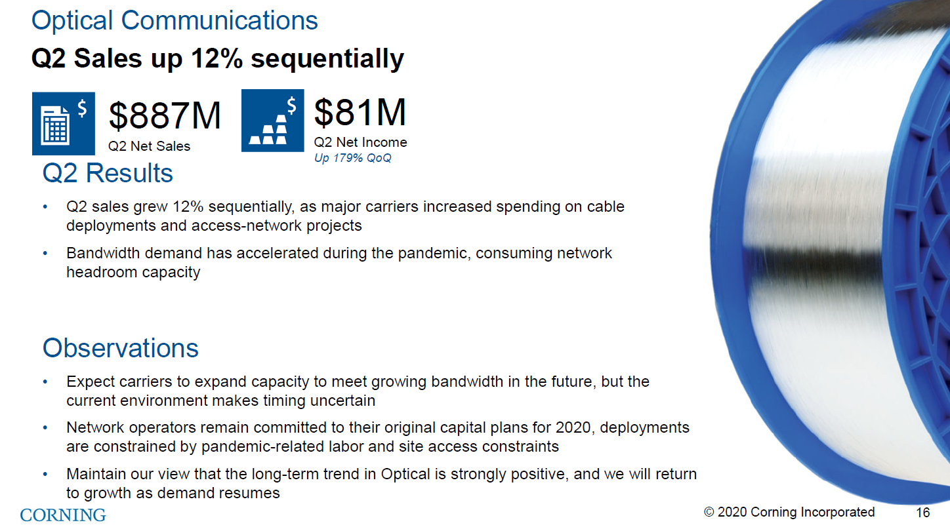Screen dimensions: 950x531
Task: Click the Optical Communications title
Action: click(x=175, y=20)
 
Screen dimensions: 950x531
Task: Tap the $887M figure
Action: click(x=165, y=115)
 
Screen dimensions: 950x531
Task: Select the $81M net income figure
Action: click(x=360, y=112)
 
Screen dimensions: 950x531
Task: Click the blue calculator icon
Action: click(x=64, y=123)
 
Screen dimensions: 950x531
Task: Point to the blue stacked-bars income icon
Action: click(x=273, y=121)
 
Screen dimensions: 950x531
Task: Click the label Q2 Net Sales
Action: click(x=150, y=146)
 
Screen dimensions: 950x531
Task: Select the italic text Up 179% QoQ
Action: click(x=352, y=158)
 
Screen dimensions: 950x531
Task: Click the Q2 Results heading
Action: click(x=108, y=173)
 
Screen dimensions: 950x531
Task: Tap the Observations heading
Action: click(x=121, y=348)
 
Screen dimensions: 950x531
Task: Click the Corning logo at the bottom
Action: click(x=63, y=515)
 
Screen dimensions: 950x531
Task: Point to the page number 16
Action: click(x=923, y=513)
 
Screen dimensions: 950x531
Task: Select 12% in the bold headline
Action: click(x=217, y=58)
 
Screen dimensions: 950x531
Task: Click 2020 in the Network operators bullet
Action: click(x=574, y=427)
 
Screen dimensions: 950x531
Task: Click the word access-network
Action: click(x=247, y=226)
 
